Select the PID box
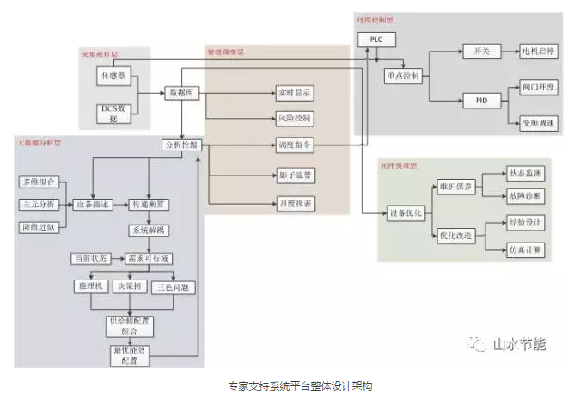click(481, 101)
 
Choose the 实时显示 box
click(294, 91)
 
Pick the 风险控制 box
click(294, 118)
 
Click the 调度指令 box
click(294, 145)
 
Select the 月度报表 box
click(294, 204)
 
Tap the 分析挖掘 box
click(180, 145)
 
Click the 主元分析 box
click(38, 205)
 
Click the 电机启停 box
click(538, 52)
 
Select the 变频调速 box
click(538, 123)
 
